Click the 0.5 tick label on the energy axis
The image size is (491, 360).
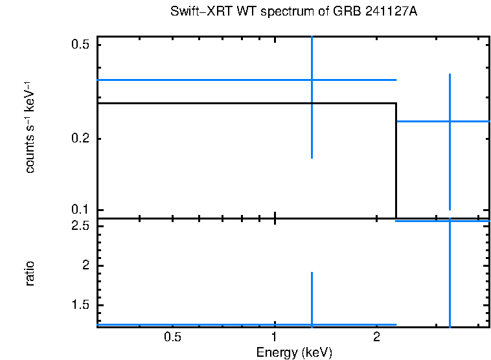point(172,338)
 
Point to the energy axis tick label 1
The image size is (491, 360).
point(275,338)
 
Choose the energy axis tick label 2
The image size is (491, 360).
point(376,338)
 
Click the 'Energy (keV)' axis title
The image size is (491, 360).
point(294,352)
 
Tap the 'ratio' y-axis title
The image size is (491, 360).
point(30,273)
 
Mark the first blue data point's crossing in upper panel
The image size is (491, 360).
point(312,80)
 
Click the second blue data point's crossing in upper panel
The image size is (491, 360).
point(450,121)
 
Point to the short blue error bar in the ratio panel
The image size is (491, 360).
point(312,298)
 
